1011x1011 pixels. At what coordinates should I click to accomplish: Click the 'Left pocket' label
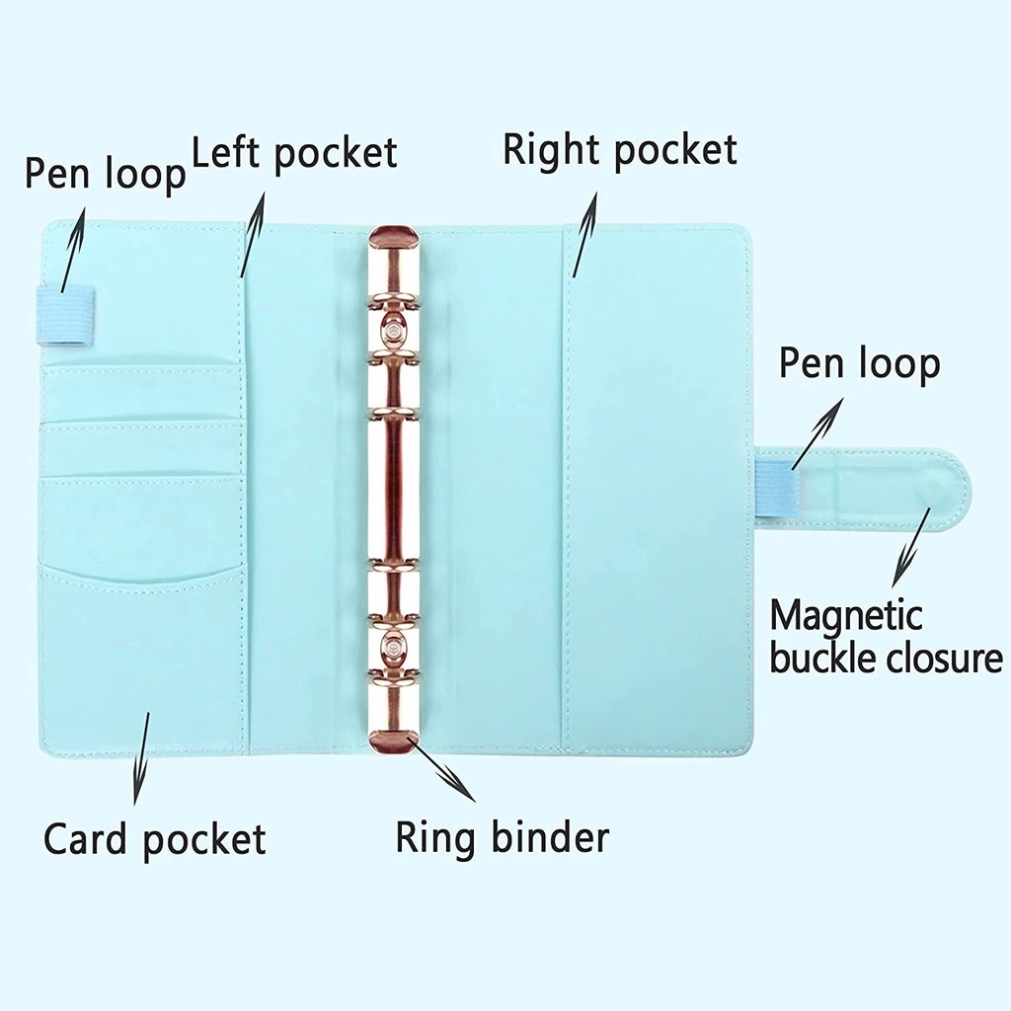[294, 154]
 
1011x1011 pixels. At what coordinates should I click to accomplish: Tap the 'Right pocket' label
[619, 150]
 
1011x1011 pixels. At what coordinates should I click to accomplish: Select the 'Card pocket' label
[154, 839]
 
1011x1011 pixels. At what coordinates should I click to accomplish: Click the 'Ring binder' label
[502, 837]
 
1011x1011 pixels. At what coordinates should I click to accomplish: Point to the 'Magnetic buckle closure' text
[886, 637]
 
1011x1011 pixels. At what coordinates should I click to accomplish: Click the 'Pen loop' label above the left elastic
[105, 174]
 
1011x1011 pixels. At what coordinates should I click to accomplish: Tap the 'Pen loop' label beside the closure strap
[859, 363]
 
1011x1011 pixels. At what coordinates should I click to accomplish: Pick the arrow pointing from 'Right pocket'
[583, 234]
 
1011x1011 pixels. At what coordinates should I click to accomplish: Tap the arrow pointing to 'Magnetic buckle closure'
[913, 546]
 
